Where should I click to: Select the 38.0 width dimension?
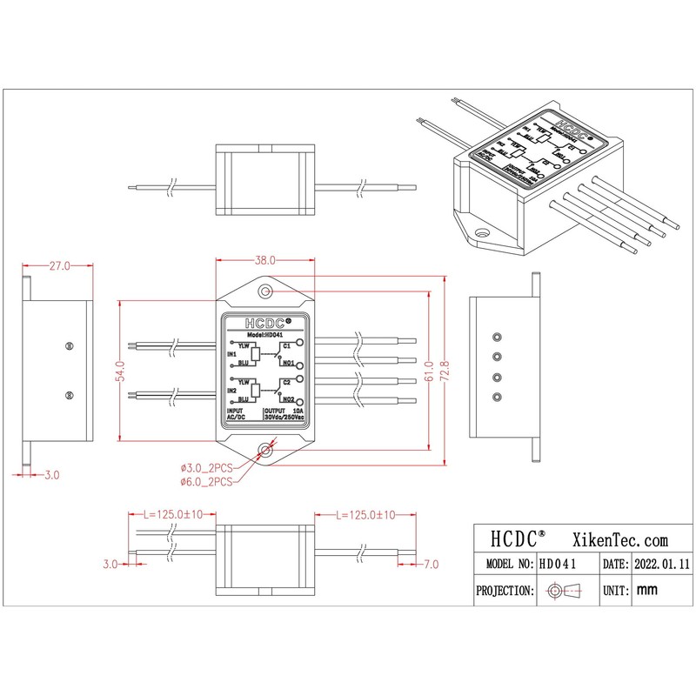point(264,260)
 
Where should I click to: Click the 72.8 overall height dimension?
point(446,371)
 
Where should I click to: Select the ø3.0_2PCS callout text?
point(205,468)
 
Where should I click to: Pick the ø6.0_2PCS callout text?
point(205,481)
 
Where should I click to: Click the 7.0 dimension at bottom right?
point(432,565)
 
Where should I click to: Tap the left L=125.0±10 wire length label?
point(171,514)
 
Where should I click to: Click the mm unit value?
point(646,590)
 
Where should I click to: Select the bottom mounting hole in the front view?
point(265,450)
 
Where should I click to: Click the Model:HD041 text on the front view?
point(264,334)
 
